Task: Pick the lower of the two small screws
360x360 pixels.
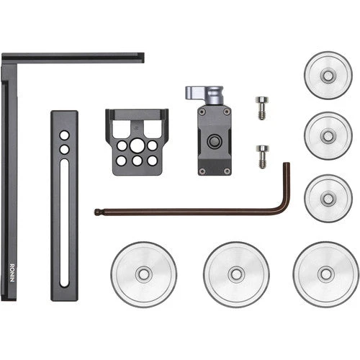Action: [262, 154]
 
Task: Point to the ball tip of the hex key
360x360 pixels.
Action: [97, 212]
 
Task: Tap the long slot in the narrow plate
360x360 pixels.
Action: [64, 224]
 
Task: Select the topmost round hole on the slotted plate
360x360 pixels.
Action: [64, 135]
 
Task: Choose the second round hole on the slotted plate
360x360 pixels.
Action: [64, 149]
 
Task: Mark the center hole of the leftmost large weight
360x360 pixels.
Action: [143, 274]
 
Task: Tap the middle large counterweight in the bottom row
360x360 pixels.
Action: [235, 274]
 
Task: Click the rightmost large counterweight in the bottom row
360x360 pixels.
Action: [325, 274]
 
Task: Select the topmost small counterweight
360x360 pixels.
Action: [328, 74]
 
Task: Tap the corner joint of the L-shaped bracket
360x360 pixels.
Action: [9, 58]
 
